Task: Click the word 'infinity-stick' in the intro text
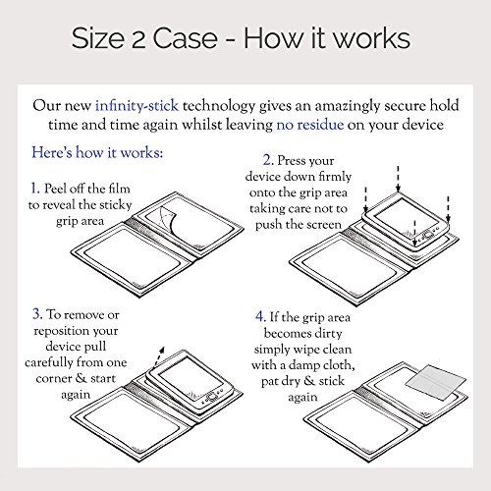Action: tap(136, 106)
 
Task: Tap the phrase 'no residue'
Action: tap(310, 125)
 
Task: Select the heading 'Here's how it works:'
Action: tap(97, 152)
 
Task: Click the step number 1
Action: tap(34, 189)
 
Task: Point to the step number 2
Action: tap(268, 160)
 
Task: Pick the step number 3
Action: tap(37, 314)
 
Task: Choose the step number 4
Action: tap(260, 316)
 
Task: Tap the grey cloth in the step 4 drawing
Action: tap(436, 382)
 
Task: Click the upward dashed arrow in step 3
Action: tap(159, 355)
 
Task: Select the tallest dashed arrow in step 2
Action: tap(398, 179)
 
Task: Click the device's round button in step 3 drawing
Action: tap(212, 397)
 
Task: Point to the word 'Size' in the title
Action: tap(98, 38)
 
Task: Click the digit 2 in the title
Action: tap(138, 39)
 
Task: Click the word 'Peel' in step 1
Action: tap(56, 189)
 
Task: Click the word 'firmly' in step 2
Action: tap(335, 177)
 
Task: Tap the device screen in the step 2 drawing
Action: tap(406, 216)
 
